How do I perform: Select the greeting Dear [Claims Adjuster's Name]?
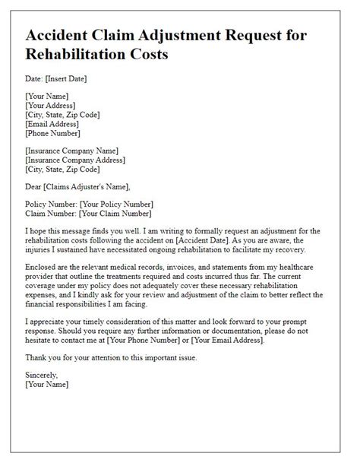tap(77, 186)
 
